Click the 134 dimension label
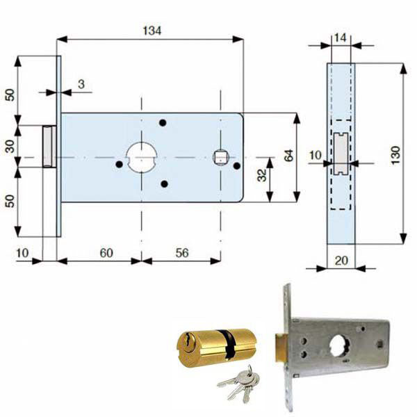pyautogui.click(x=152, y=31)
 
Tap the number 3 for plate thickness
pyautogui.click(x=81, y=84)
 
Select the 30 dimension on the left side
pyautogui.click(x=10, y=146)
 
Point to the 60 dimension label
pyautogui.click(x=106, y=253)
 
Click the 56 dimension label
pyautogui.click(x=182, y=253)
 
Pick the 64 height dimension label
pyautogui.click(x=288, y=155)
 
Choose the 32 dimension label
pyautogui.click(x=262, y=175)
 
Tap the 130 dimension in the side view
pyautogui.click(x=395, y=155)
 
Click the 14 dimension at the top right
pyautogui.click(x=340, y=38)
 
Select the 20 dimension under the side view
pyautogui.click(x=341, y=261)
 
